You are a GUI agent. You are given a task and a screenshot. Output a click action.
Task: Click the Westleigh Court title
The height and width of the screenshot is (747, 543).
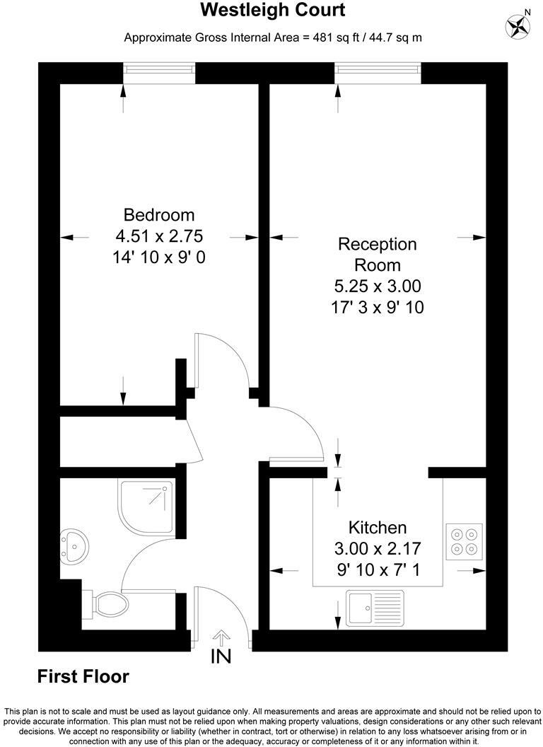tap(273, 11)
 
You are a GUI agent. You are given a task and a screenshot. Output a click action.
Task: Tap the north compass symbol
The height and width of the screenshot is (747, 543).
tap(518, 25)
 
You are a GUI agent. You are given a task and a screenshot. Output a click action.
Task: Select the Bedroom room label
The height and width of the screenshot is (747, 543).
tap(158, 214)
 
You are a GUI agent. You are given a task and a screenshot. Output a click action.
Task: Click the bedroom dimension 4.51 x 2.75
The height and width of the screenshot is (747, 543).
tap(158, 236)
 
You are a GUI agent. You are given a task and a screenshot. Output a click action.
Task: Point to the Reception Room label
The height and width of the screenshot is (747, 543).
tap(378, 255)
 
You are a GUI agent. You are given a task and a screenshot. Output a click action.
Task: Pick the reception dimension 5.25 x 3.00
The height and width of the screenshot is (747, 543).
tap(378, 286)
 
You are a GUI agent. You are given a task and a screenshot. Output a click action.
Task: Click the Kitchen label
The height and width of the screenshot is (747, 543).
tap(378, 527)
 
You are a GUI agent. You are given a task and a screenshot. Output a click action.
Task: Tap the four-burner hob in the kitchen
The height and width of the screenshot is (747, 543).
tap(465, 540)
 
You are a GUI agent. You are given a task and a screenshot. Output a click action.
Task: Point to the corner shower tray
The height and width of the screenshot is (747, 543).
tap(147, 502)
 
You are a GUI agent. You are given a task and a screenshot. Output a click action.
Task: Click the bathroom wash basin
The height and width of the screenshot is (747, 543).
tap(72, 545)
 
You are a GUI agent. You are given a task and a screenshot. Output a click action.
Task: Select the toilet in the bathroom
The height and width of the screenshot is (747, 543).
tap(109, 604)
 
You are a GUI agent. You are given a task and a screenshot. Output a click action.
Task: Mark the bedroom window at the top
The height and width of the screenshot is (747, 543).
tap(159, 73)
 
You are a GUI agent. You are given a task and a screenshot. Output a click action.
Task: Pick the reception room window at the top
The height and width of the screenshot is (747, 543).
tap(378, 73)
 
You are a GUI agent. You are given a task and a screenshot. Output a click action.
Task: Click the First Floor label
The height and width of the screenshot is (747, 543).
tap(83, 677)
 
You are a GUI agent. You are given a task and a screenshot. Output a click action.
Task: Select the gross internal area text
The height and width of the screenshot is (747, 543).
tap(273, 37)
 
